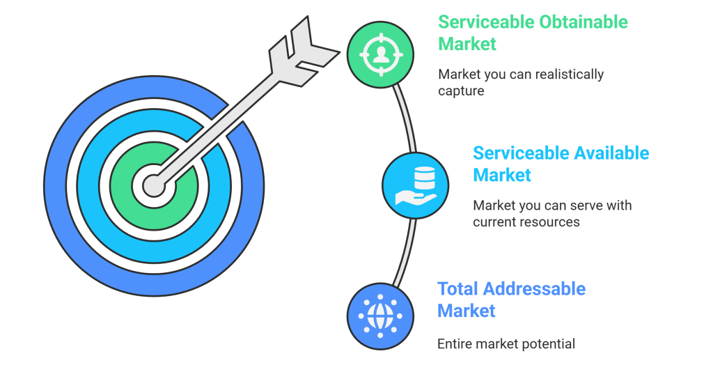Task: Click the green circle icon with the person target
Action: click(381, 55)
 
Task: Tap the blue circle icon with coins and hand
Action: click(415, 185)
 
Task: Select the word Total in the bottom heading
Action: click(457, 288)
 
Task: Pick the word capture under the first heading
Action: click(461, 91)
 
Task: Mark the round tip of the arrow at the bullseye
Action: click(153, 185)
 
